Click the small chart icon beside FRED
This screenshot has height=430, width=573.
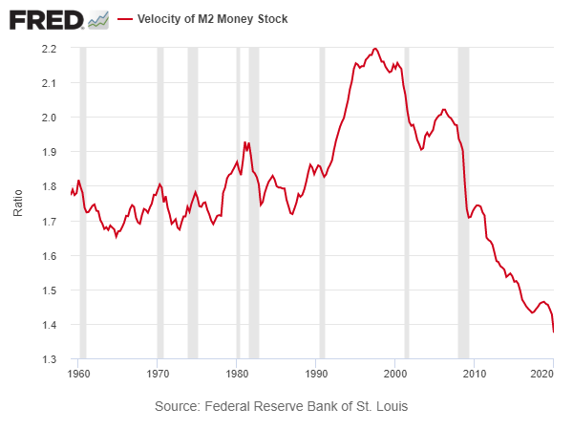(x=98, y=19)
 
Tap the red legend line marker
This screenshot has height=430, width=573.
(x=124, y=19)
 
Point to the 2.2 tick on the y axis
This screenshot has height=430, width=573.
(x=50, y=49)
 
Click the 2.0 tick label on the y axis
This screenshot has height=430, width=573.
(x=50, y=118)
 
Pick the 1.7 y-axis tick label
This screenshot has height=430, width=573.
(x=50, y=222)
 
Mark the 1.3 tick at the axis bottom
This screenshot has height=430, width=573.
(x=50, y=359)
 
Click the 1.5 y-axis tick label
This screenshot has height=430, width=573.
(x=50, y=290)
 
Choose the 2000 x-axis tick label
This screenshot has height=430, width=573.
(x=394, y=373)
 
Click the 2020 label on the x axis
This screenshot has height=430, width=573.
(x=542, y=373)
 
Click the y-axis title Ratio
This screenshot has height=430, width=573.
(x=18, y=203)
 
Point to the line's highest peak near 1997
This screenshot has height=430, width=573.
(x=375, y=48)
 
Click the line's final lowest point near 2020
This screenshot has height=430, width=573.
(x=554, y=332)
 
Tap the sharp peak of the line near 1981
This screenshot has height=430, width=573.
(x=244, y=142)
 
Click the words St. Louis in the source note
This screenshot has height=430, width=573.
(x=380, y=406)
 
